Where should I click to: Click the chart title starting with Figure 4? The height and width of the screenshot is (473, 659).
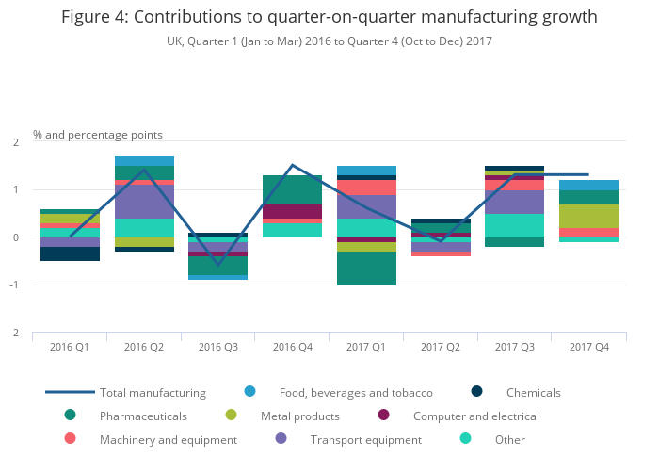(329, 18)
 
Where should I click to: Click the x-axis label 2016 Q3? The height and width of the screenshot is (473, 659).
(217, 347)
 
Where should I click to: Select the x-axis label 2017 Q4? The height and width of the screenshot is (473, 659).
(589, 347)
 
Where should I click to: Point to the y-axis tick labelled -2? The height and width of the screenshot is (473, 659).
(15, 333)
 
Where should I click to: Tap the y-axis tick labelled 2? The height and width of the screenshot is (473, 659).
(15, 142)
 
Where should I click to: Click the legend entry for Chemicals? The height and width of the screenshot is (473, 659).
(533, 392)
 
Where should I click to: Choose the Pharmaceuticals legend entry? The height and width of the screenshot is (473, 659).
(143, 416)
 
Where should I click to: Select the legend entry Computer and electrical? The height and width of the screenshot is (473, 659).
(475, 416)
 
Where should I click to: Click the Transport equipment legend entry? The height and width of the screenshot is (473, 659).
(353, 439)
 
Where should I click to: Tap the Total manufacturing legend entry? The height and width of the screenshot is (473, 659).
(153, 392)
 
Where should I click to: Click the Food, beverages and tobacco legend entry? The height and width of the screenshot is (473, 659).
(356, 392)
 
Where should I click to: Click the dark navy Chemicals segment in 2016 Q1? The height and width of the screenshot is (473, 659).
(70, 253)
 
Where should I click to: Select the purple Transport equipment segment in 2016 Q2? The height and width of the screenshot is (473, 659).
(144, 201)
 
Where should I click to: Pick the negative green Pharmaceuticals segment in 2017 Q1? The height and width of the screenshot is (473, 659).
(366, 269)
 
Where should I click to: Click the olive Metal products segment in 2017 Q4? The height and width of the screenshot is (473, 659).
(589, 216)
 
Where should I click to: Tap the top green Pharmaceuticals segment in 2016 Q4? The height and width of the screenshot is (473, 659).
(292, 189)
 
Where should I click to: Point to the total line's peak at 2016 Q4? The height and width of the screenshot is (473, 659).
(292, 165)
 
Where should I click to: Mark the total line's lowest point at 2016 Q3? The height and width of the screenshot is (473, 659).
(218, 264)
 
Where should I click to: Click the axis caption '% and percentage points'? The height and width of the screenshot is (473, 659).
(98, 135)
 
